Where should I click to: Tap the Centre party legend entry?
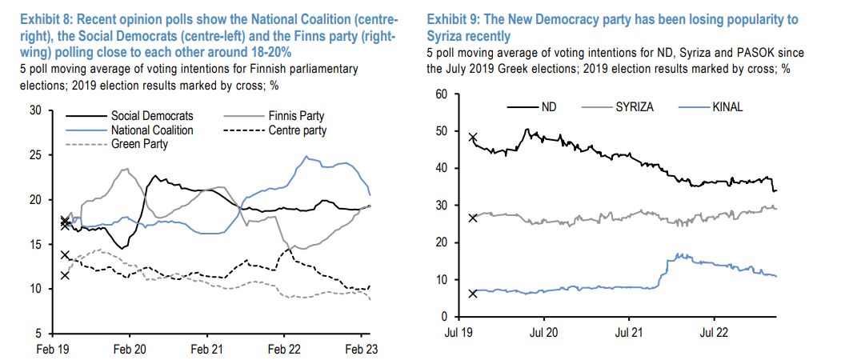[x=297, y=130]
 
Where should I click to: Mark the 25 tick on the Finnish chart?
[x=35, y=155]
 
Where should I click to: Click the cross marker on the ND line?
[x=472, y=138]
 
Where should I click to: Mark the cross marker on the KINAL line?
[x=472, y=294]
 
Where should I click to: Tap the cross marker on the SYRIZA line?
[x=472, y=218]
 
